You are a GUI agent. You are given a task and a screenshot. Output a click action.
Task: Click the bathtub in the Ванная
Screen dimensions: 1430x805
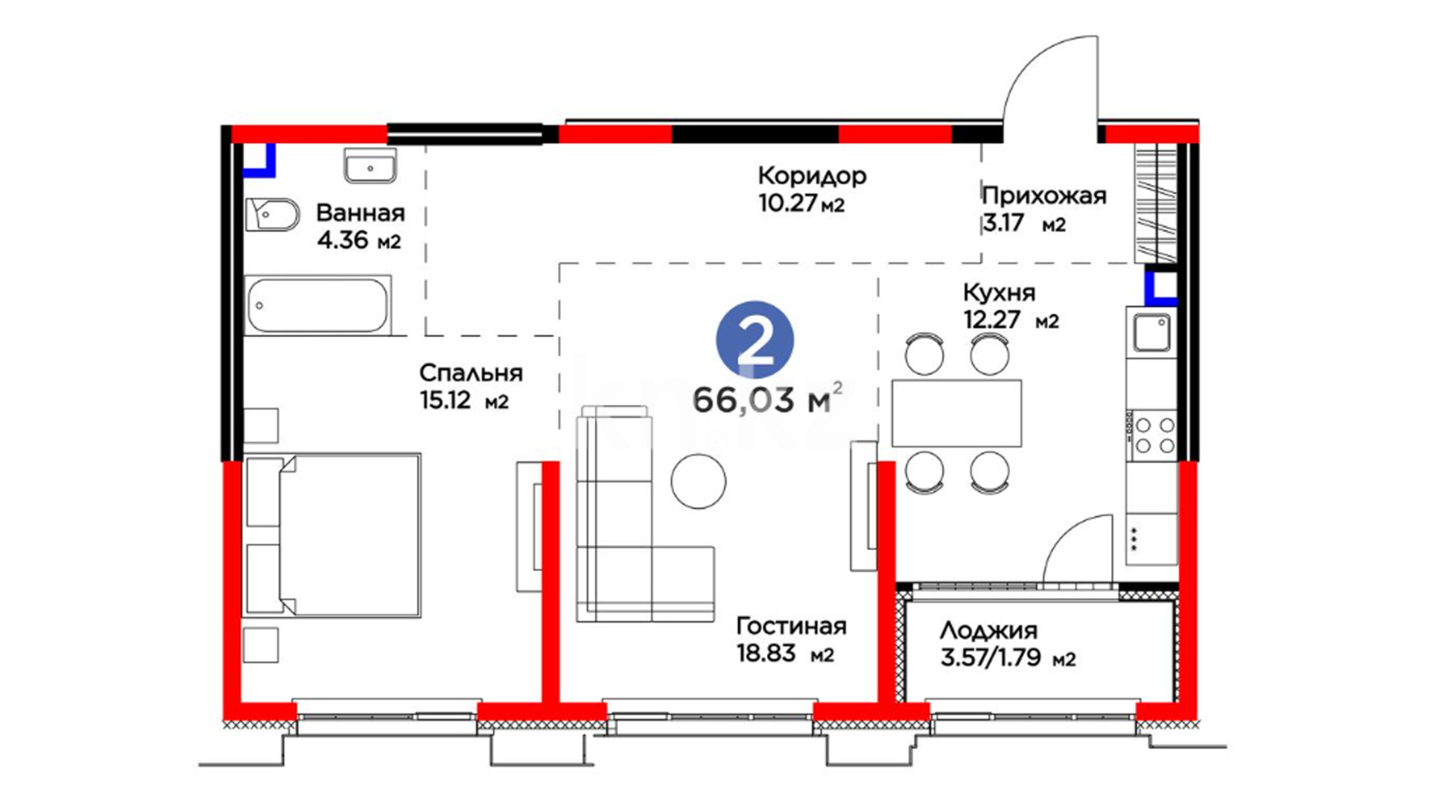pyautogui.click(x=318, y=306)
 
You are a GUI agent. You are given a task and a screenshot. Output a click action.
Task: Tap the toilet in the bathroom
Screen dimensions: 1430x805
pyautogui.click(x=273, y=215)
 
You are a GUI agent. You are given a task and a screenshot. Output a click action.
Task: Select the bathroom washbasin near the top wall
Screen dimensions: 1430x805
pyautogui.click(x=370, y=165)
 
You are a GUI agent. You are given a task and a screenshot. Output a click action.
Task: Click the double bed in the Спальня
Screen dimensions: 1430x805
pyautogui.click(x=332, y=535)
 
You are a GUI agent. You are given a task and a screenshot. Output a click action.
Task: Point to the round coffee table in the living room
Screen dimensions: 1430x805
pyautogui.click(x=698, y=482)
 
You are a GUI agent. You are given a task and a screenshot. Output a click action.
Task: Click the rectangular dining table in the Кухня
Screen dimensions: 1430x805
pyautogui.click(x=956, y=413)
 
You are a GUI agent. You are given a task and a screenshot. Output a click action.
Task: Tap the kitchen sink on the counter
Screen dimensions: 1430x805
pyautogui.click(x=1151, y=332)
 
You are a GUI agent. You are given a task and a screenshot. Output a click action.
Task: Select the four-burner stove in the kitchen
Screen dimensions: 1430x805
pyautogui.click(x=1152, y=435)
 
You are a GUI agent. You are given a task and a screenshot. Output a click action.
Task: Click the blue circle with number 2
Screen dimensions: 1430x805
pyautogui.click(x=754, y=340)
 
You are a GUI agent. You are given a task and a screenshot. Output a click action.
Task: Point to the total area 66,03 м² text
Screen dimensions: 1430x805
pyautogui.click(x=768, y=400)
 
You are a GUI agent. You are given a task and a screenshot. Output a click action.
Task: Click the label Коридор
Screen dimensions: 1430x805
pyautogui.click(x=812, y=176)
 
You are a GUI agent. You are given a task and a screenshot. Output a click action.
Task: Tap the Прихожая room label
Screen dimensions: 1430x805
pyautogui.click(x=1044, y=196)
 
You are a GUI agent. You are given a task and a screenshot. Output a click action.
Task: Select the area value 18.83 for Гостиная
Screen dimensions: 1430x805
pyautogui.click(x=766, y=654)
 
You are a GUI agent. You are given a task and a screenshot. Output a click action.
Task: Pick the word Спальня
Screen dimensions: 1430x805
pyautogui.click(x=471, y=373)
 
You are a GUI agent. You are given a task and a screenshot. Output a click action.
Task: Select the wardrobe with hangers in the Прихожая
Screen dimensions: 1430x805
pyautogui.click(x=1156, y=203)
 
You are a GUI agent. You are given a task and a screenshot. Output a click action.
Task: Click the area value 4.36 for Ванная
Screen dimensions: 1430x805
pyautogui.click(x=342, y=240)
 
